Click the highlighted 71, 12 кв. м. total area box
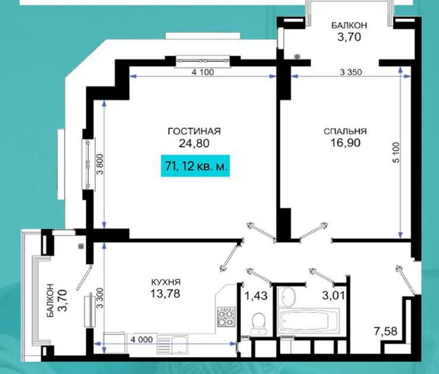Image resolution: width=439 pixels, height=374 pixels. point(196,166)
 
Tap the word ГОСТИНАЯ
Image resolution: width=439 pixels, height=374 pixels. point(194,132)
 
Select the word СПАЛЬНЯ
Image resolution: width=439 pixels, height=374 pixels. point(345,132)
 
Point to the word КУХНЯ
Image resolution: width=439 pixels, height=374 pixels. point(166,282)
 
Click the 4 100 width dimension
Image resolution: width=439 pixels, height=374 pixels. point(203,72)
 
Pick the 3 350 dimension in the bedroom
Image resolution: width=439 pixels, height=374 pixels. point(351,72)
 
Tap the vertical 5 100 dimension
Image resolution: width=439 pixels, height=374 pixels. point(396,153)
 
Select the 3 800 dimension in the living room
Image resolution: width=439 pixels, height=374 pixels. point(100,164)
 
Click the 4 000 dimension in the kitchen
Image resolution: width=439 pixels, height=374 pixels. point(142,340)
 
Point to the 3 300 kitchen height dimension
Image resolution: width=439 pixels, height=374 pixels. point(100,298)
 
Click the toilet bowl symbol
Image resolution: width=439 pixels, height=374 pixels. point(259,324)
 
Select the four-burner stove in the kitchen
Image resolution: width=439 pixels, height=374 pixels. point(226,317)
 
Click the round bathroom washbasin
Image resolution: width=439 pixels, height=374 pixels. point(288,297)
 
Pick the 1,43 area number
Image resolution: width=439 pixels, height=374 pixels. point(256,296)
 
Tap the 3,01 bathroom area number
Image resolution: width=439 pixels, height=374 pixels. point(333,296)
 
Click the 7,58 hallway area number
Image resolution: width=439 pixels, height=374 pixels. point(386,331)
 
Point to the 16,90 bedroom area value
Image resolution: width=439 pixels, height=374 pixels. point(345,143)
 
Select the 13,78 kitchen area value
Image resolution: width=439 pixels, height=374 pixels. point(165,293)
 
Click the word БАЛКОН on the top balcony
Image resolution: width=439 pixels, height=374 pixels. point(349,25)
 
